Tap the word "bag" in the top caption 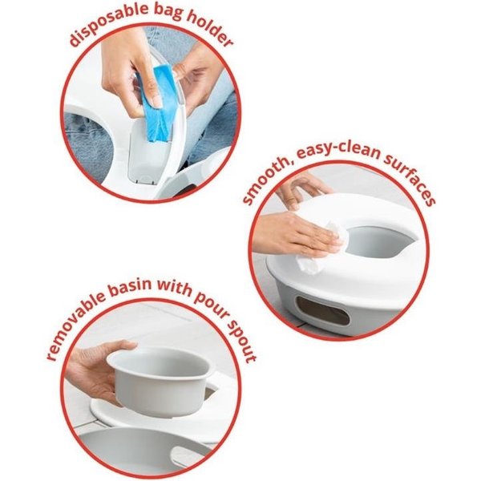click(x=168, y=12)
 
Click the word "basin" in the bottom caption click(x=132, y=288)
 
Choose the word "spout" click(x=242, y=341)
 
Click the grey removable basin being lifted click(x=163, y=380)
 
